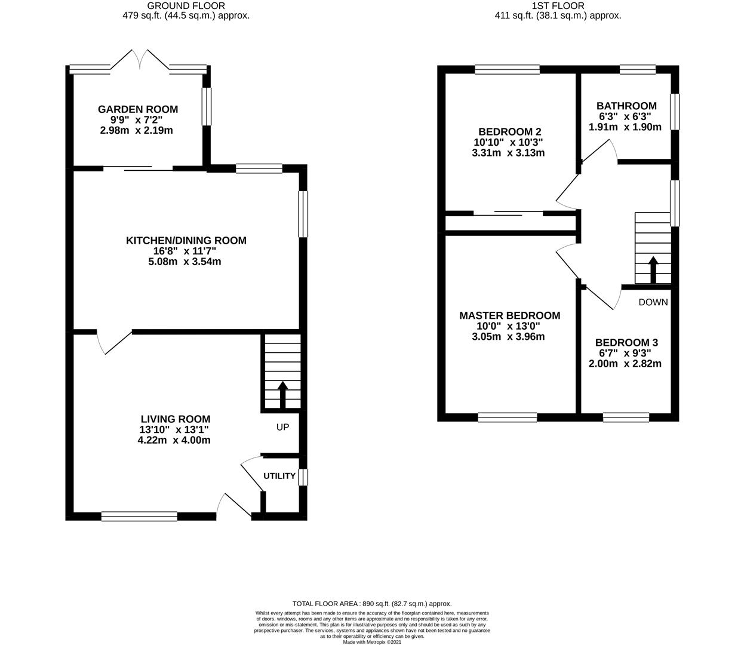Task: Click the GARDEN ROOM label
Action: click(138, 109)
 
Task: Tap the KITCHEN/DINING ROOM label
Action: click(186, 241)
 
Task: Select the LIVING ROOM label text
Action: click(176, 419)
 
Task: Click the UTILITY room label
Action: click(279, 476)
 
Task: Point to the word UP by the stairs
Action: click(282, 427)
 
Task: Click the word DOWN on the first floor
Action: click(653, 302)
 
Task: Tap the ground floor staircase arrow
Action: click(282, 395)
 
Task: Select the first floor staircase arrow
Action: click(653, 269)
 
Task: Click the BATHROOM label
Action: click(626, 106)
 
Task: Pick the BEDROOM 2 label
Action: click(510, 132)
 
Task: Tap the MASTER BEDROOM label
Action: click(510, 316)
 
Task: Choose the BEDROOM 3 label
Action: click(626, 343)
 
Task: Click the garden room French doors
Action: click(140, 59)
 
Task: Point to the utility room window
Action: click(303, 477)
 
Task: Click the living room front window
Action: click(139, 516)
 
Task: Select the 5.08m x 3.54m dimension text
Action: click(185, 262)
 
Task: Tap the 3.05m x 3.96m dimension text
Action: click(508, 337)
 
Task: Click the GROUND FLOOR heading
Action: click(186, 6)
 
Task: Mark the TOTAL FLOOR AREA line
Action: click(372, 604)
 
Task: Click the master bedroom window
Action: click(508, 417)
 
